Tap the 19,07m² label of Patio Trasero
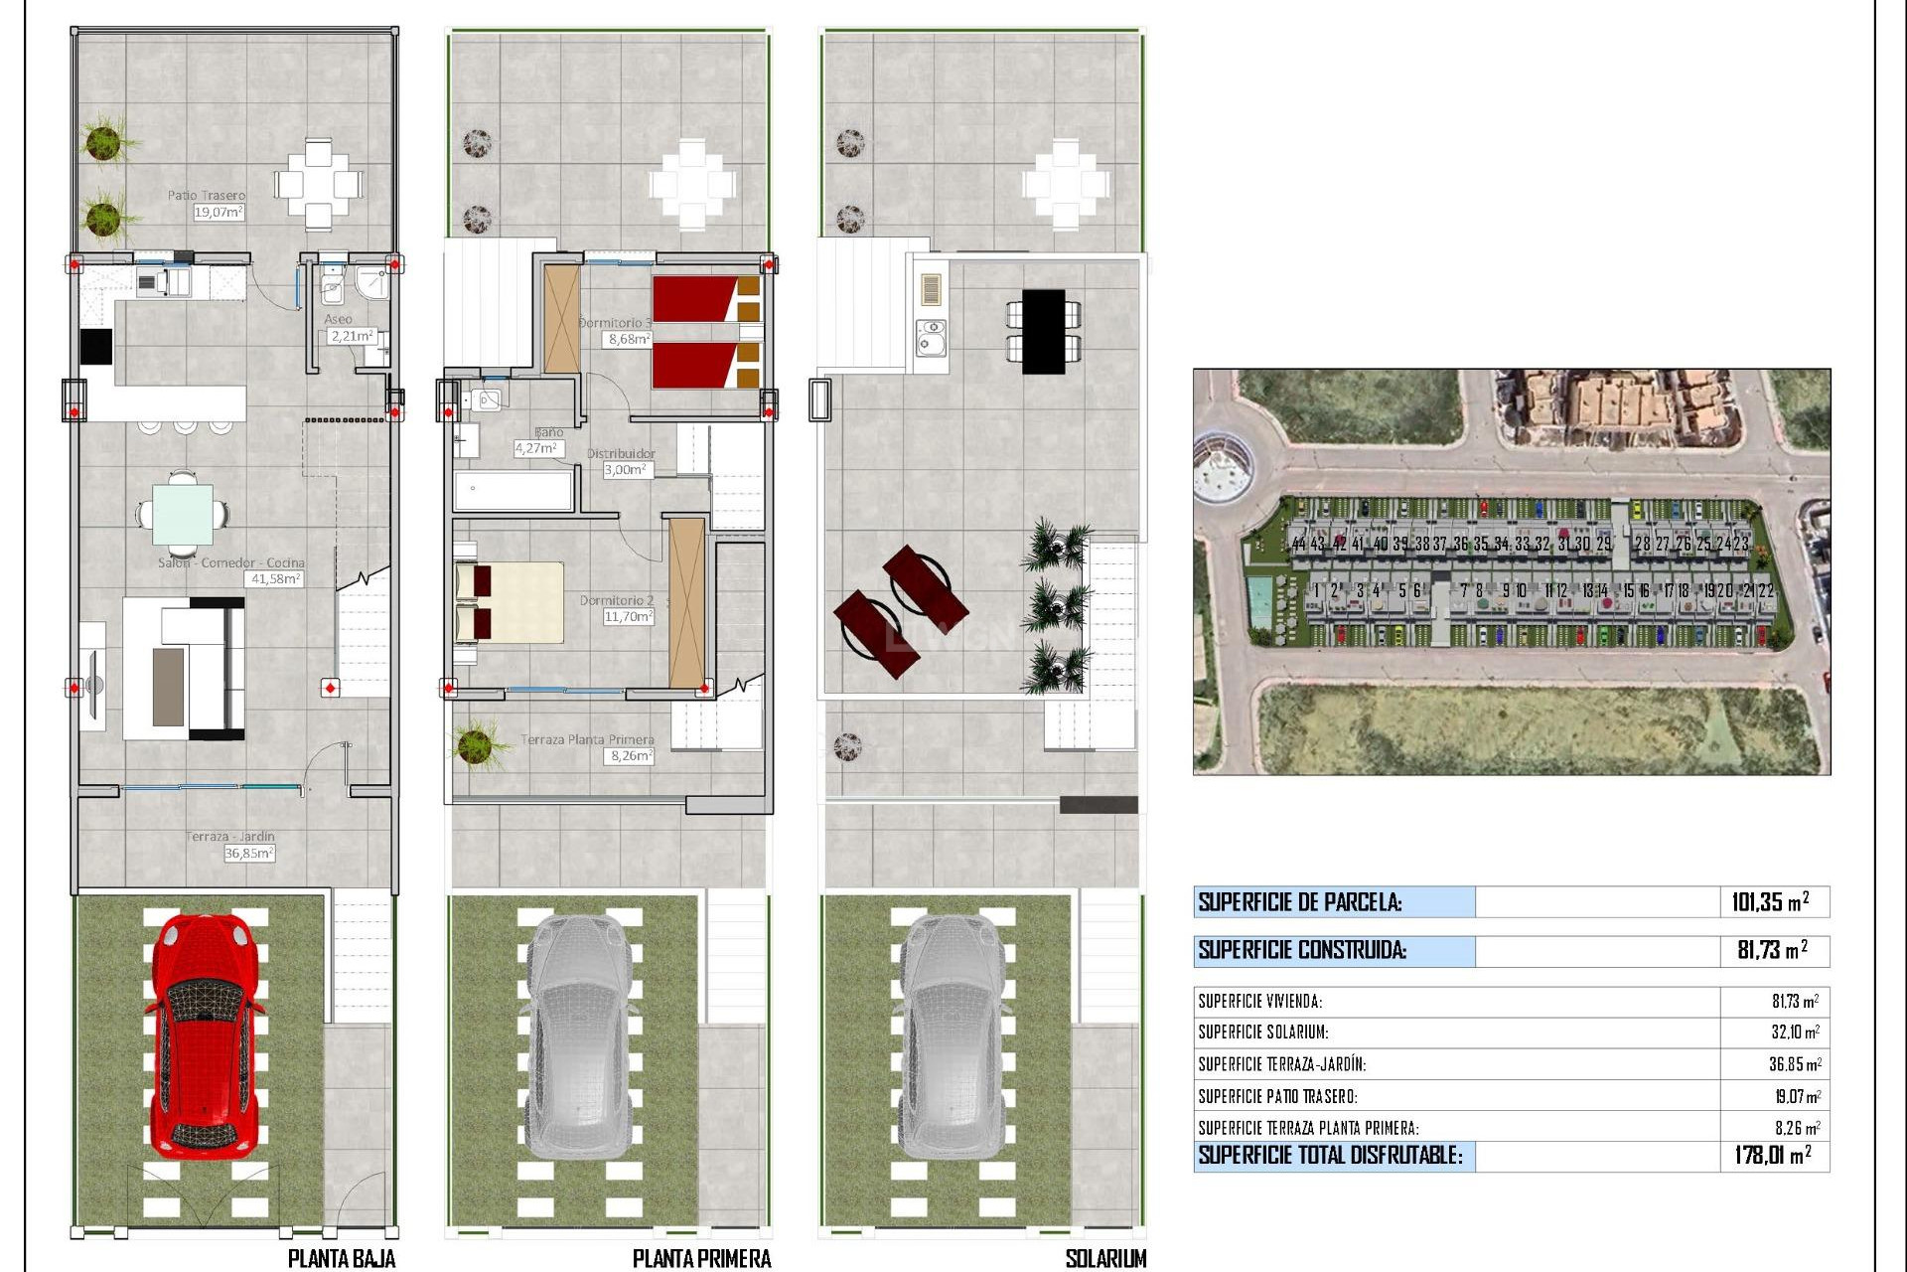(219, 212)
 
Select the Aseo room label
(338, 319)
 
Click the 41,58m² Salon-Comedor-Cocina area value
(276, 578)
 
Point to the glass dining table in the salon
(183, 514)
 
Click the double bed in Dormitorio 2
(509, 602)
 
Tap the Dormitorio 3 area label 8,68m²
(630, 339)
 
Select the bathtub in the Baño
(513, 491)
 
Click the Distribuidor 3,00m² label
(628, 470)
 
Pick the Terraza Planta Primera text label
(587, 739)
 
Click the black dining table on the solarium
(1043, 331)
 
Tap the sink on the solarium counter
(931, 338)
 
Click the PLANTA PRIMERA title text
(701, 1259)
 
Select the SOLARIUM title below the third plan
(1105, 1259)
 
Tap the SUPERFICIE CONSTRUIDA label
(1302, 950)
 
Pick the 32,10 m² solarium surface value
(1795, 1033)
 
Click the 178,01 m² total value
(1772, 1155)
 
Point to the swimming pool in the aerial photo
(1260, 598)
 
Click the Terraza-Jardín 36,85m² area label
(248, 853)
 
